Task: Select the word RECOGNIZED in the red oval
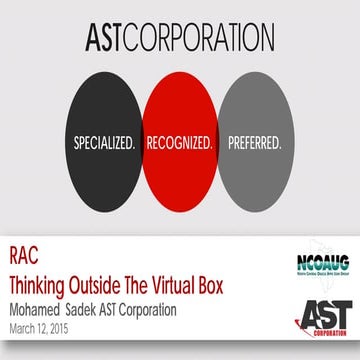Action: [x=180, y=143]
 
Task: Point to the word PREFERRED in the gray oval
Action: [x=256, y=143]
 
